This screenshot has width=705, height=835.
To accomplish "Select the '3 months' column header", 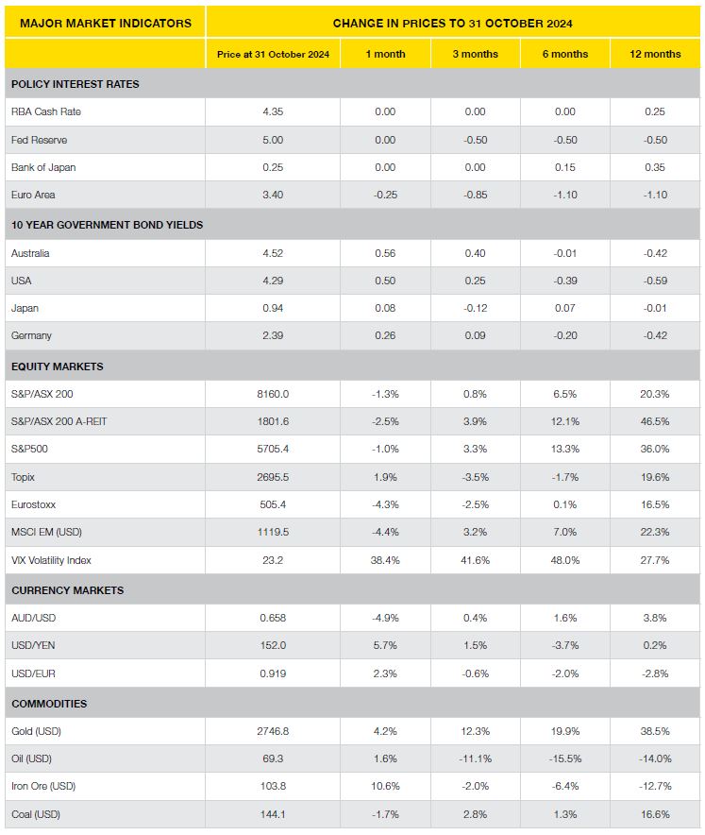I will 475,54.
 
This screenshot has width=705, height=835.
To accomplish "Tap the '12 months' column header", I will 655,54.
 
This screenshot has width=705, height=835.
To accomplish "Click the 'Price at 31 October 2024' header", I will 273,54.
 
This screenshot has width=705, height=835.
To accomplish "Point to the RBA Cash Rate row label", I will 45,111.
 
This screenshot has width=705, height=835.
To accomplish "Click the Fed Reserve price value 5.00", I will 273,140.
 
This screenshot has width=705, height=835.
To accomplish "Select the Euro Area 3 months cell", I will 475,195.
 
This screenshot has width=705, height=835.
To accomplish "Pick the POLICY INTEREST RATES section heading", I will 75,84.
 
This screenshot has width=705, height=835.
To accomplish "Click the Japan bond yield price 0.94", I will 273,308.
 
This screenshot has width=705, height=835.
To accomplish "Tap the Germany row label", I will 31,335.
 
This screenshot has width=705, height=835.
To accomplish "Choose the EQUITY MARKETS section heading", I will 57,366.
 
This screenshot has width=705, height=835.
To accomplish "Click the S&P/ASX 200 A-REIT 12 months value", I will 655,421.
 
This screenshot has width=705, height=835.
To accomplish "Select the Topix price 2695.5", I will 273,477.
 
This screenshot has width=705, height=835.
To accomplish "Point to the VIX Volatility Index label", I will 51,560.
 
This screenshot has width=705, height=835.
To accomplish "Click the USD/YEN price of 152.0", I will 273,645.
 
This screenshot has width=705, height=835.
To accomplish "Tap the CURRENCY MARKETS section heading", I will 67,590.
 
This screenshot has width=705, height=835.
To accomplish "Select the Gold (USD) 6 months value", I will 564,731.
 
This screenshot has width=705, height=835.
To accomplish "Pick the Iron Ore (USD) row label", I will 43,786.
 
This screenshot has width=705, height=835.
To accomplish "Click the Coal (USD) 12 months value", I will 655,813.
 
